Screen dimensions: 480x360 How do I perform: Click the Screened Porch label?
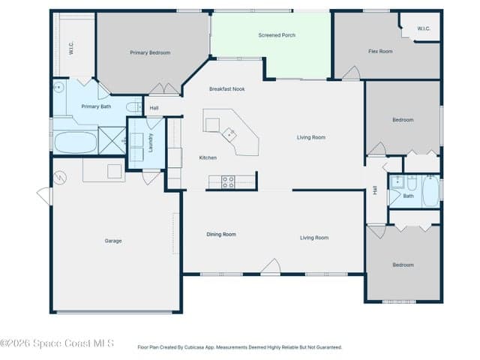click(x=277, y=35)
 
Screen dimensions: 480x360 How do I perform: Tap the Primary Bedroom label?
click(x=150, y=52)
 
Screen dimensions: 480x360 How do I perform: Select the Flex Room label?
click(x=380, y=51)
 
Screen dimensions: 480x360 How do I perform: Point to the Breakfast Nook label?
click(x=226, y=89)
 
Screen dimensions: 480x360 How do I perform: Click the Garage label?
click(x=113, y=241)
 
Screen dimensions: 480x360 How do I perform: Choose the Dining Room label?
click(x=221, y=235)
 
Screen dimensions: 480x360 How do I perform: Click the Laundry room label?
click(x=151, y=142)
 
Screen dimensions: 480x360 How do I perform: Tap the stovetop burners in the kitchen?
click(x=228, y=181)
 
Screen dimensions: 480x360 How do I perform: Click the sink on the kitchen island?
click(x=229, y=135)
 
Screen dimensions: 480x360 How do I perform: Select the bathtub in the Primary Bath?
click(x=76, y=142)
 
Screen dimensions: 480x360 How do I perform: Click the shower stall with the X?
click(x=112, y=140)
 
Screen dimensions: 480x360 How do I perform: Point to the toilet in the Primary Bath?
click(x=134, y=107)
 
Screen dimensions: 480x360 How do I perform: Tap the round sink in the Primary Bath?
click(x=58, y=88)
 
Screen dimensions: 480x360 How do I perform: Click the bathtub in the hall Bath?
click(x=431, y=191)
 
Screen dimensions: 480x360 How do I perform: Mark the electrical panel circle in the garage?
click(x=60, y=178)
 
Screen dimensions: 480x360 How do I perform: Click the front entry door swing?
click(x=271, y=265)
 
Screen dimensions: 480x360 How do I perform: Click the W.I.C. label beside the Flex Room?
click(x=423, y=28)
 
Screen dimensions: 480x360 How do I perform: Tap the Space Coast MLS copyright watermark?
click(x=57, y=343)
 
